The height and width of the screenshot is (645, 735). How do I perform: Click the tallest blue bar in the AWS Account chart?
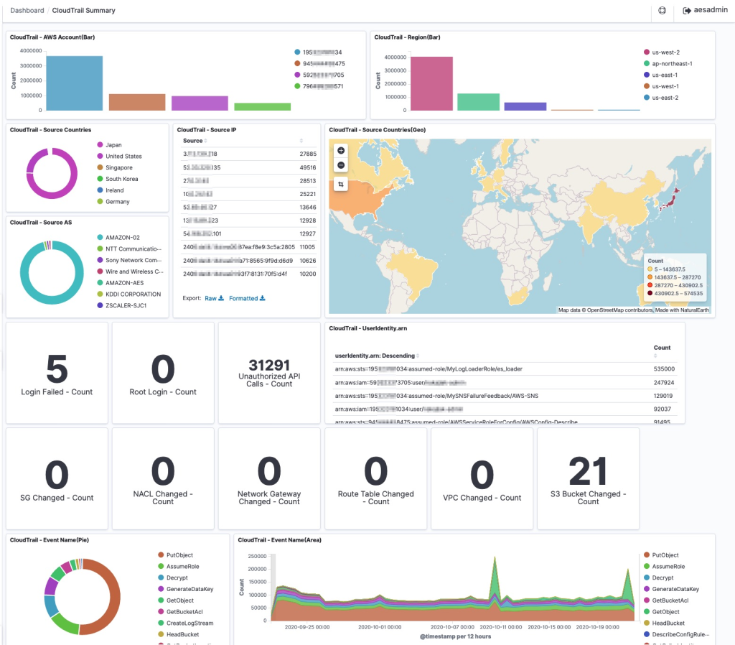[x=74, y=83]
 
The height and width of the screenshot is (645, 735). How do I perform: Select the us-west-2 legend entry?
[x=665, y=52]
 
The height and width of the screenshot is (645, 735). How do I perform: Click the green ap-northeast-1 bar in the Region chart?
[x=478, y=101]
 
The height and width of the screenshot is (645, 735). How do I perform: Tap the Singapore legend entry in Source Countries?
[x=118, y=167]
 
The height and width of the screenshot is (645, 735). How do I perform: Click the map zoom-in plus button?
[x=341, y=151]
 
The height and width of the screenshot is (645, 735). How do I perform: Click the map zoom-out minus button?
[x=341, y=165]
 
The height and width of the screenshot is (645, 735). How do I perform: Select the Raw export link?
[x=214, y=298]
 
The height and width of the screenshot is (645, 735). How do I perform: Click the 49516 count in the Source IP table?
[x=307, y=167]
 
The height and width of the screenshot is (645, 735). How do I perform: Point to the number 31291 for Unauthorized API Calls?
[x=269, y=365]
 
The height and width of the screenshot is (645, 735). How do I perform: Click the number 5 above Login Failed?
[x=57, y=369]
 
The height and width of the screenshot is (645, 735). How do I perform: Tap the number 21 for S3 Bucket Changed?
[x=588, y=473]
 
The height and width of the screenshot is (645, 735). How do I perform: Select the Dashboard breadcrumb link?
[x=27, y=11]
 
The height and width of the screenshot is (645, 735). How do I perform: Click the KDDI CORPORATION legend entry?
[x=133, y=294]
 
